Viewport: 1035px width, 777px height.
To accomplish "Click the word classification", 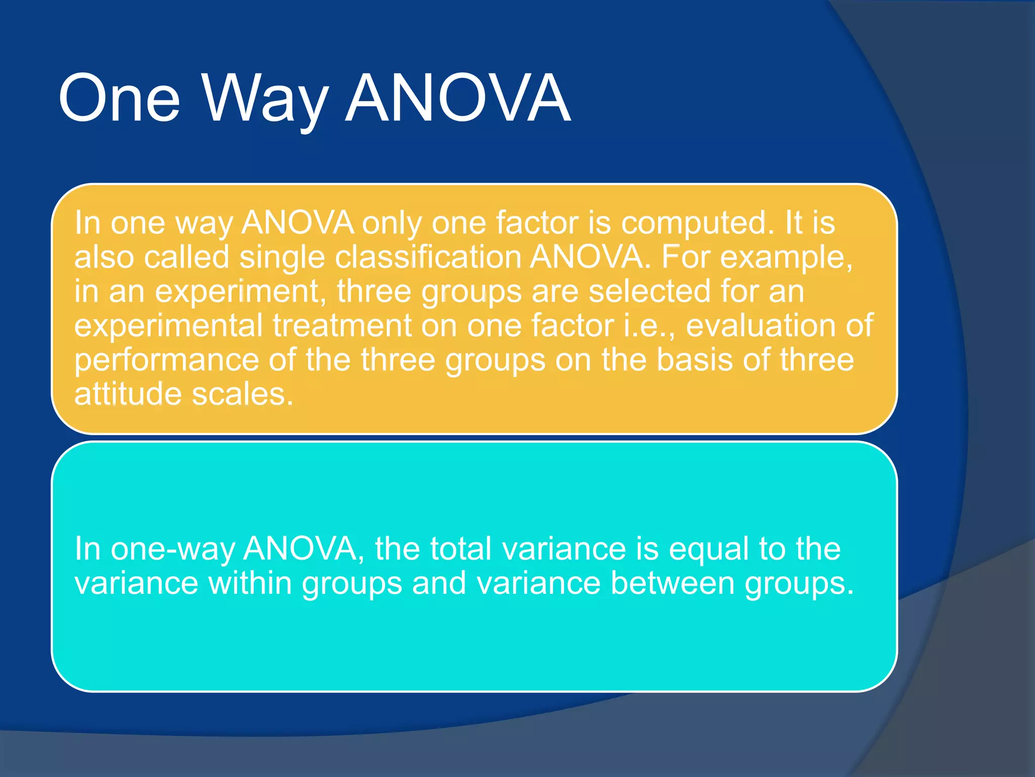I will click(x=428, y=257).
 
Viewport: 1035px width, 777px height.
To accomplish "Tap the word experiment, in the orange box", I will click(x=241, y=292).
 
